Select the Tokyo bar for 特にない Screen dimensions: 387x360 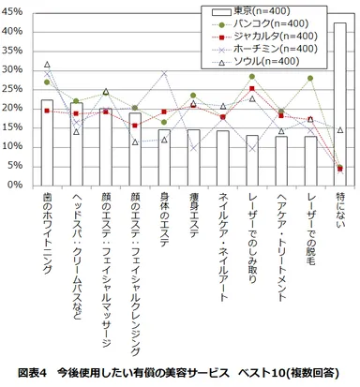point(339,103)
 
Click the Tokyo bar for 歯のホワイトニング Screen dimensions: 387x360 point(47,141)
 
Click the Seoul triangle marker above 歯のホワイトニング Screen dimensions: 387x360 point(47,65)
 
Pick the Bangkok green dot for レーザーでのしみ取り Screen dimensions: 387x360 point(251,76)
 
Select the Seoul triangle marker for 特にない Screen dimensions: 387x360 point(339,130)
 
